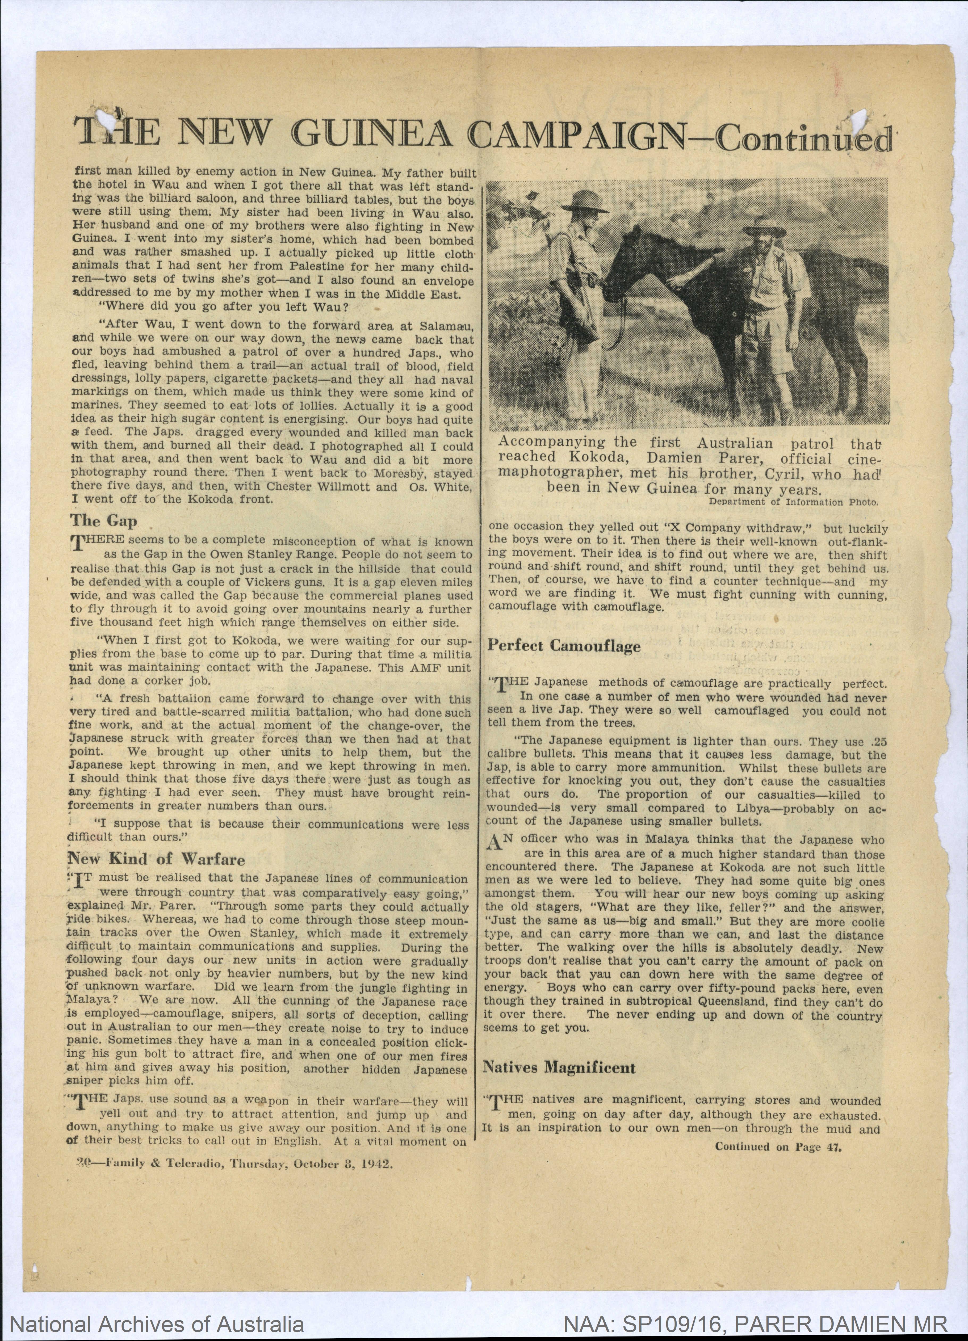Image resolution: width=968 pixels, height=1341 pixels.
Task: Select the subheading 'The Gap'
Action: pos(103,521)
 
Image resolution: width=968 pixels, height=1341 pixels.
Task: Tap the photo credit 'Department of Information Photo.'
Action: pos(794,502)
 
